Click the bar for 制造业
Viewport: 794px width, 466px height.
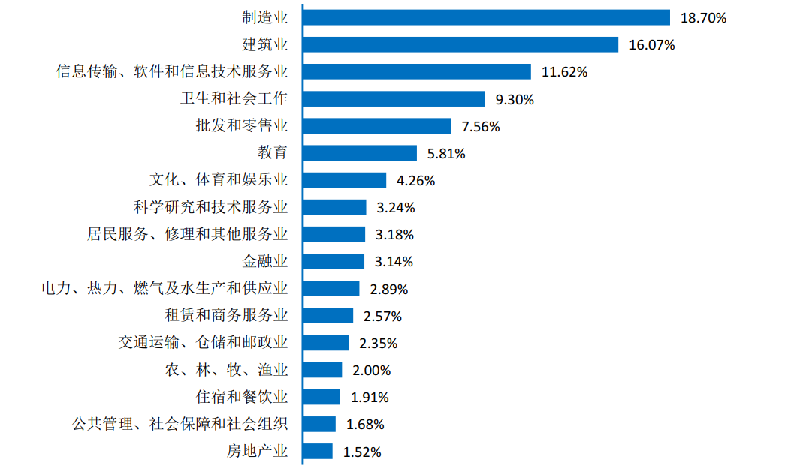click(x=486, y=17)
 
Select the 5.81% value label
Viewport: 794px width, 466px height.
click(x=446, y=154)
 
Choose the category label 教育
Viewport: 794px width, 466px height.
click(x=273, y=153)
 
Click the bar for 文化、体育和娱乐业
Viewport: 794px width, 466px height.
click(x=344, y=180)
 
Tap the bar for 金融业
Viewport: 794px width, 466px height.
click(x=334, y=262)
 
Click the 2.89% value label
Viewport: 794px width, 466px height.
click(x=389, y=289)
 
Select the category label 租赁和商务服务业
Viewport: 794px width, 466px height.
click(x=226, y=316)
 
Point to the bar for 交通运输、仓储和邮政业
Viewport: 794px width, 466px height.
click(x=325, y=343)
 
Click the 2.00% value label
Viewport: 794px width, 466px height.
click(x=372, y=371)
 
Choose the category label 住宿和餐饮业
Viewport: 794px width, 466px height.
click(x=242, y=397)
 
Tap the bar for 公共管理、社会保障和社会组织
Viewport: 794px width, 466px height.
click(x=319, y=424)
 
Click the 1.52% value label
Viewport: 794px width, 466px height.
click(x=362, y=452)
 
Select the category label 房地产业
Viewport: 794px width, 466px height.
click(x=257, y=452)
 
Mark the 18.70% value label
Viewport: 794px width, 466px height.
click(x=703, y=18)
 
